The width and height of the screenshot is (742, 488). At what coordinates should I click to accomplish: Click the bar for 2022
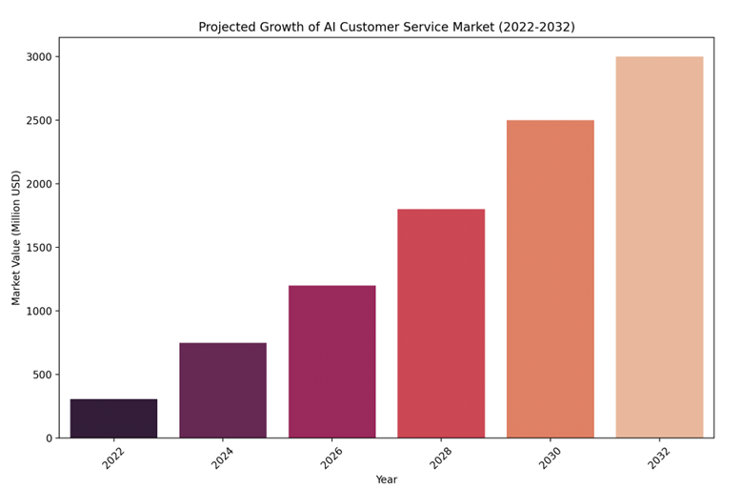[x=113, y=418]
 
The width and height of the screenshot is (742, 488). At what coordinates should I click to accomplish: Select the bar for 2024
[x=223, y=390]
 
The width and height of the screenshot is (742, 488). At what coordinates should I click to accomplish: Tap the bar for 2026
[x=331, y=361]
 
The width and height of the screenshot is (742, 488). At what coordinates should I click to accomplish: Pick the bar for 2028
[x=441, y=323]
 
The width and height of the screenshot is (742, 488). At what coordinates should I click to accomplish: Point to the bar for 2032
[x=659, y=247]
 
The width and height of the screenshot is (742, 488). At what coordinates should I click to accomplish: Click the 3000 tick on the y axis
[x=38, y=57]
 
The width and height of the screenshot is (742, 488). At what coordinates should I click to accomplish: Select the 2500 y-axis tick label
[x=38, y=120]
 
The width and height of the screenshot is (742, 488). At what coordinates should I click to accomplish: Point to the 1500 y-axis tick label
[x=38, y=248]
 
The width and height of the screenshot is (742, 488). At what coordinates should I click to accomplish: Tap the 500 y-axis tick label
[x=42, y=375]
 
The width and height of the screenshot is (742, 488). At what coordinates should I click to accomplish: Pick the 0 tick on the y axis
[x=49, y=438]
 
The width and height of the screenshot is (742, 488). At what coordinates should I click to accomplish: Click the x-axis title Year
[x=386, y=479]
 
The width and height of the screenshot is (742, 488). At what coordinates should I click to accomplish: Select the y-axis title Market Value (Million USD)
[x=16, y=237]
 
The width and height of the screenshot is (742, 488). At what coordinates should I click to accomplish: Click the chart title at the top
[x=386, y=27]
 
